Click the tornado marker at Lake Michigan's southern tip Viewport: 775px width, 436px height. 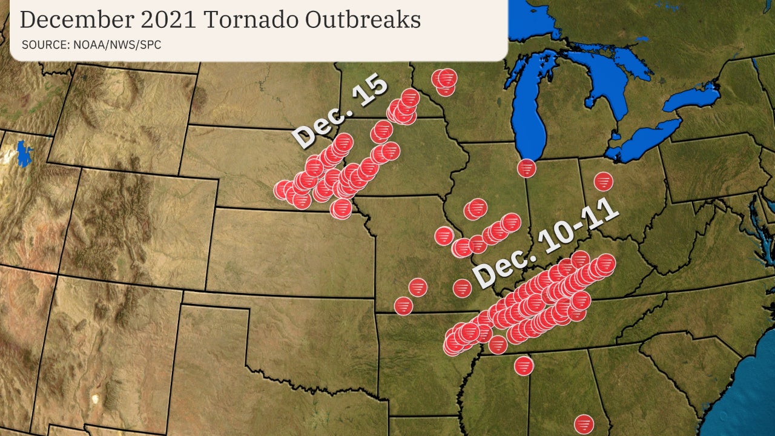pos(527,168)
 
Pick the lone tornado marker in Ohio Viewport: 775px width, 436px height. pos(603,181)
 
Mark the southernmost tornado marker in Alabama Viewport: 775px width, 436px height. pos(584,424)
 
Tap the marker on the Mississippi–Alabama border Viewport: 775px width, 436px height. pos(524,365)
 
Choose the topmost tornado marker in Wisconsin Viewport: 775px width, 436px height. pos(447,78)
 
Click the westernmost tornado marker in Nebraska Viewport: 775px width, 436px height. pos(283,190)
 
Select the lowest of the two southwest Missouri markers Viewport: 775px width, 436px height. pos(404,306)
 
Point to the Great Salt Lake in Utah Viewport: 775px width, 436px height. pos(24,154)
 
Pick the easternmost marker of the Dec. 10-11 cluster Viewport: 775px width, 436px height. pos(605,263)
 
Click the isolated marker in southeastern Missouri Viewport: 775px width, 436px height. pos(462,288)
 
